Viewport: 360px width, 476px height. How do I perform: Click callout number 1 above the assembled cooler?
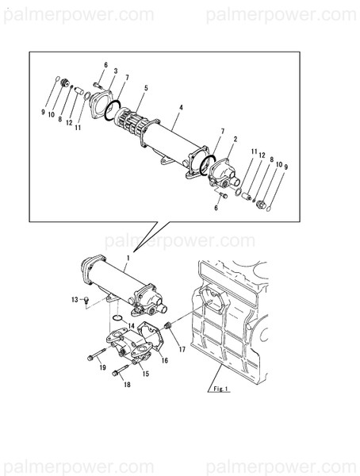coord(128,259)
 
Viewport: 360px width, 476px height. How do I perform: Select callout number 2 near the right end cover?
coord(236,139)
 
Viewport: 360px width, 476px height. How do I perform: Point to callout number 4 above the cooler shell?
coord(182,106)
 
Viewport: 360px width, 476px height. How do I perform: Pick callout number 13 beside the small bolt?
coord(75,300)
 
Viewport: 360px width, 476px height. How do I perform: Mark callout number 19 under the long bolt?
coord(102,368)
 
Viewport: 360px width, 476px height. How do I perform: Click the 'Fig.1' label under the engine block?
coord(220,389)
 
